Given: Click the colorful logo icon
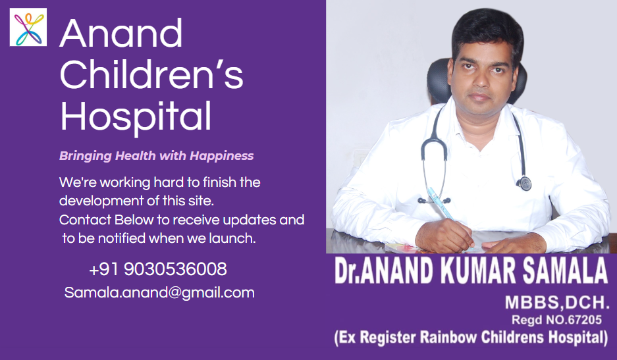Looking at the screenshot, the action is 28,27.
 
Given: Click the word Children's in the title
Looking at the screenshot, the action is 151,74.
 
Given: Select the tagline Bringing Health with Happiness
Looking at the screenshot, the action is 156,156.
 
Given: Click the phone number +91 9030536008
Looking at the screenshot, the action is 158,270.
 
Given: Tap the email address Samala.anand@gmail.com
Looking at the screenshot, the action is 159,293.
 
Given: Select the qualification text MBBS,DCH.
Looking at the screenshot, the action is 557,303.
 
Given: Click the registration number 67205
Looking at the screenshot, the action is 584,320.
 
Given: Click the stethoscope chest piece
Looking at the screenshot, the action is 523,184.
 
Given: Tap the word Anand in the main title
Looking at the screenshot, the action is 121,33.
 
